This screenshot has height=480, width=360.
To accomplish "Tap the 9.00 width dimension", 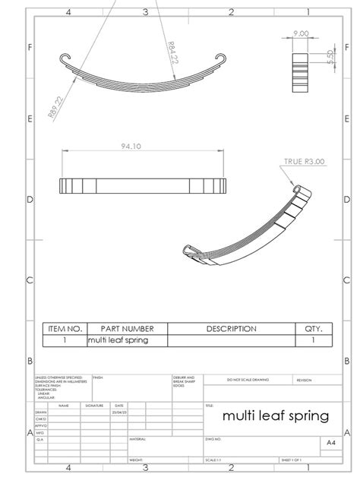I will (x=300, y=34).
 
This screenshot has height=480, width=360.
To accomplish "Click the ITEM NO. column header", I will (x=65, y=329).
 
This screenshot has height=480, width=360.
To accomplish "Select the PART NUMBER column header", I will (x=127, y=329).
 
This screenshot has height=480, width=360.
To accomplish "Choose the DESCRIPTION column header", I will (x=232, y=329).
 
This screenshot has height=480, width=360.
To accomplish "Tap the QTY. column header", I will (x=314, y=329).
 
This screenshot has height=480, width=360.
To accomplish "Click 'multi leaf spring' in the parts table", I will (x=118, y=340).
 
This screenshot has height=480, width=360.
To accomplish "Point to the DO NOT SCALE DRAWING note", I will (x=246, y=379).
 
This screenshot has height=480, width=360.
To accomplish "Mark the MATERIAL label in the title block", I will (x=137, y=438).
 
